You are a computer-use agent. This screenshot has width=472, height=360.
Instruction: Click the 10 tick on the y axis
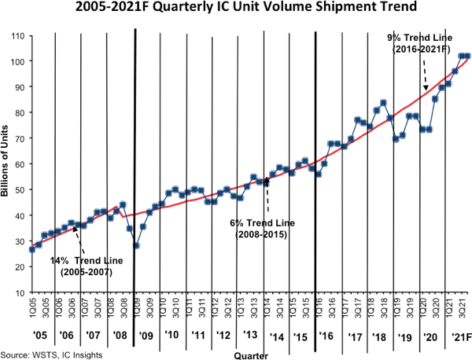point(17,292)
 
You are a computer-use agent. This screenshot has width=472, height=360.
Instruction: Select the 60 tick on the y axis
point(17,164)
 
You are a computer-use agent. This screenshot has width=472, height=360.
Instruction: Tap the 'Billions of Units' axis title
point(6,164)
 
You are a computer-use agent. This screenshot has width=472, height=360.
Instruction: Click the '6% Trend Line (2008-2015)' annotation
point(257,228)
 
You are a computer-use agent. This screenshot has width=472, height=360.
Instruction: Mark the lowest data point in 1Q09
point(136,245)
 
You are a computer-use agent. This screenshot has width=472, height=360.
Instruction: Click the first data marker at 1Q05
point(31,249)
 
